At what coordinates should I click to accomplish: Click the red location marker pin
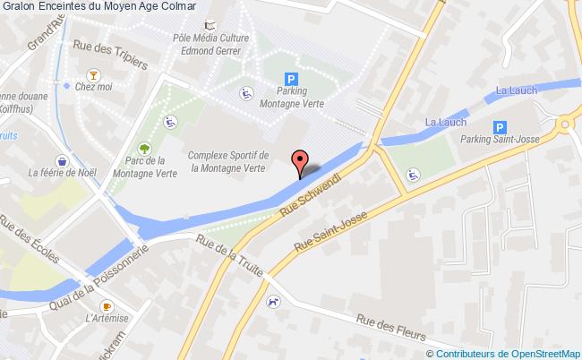[301, 162]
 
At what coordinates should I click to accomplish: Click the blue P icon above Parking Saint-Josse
[501, 127]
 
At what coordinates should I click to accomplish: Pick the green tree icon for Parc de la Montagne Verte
[143, 148]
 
